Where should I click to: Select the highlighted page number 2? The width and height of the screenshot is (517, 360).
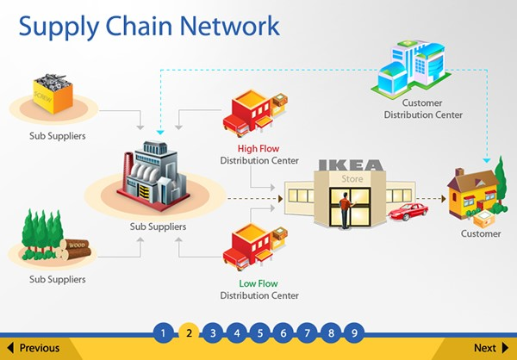[189, 332]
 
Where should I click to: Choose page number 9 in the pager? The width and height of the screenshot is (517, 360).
[353, 332]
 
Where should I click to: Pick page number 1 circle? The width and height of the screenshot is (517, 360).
[165, 332]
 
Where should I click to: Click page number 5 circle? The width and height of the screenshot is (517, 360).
[259, 332]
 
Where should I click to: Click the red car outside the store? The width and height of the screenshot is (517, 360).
[407, 212]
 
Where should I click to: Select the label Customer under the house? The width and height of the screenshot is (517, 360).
[481, 233]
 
